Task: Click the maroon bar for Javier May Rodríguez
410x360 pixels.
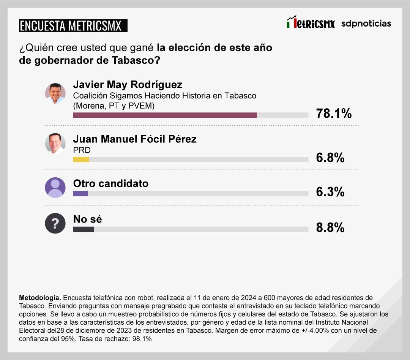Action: [165, 115]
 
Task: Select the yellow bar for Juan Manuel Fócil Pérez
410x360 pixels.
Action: [81, 159]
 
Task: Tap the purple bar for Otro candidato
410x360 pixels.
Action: [80, 194]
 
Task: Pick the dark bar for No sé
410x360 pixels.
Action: [83, 229]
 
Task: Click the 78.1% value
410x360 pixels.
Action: [334, 113]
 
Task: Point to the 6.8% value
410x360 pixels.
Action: [330, 158]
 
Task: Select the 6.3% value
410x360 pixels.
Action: [330, 192]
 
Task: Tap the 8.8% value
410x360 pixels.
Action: [330, 227]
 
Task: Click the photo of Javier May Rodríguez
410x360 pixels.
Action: [55, 93]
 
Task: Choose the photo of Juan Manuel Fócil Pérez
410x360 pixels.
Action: [55, 143]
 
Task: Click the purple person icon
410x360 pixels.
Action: [55, 187]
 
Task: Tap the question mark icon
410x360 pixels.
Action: [55, 223]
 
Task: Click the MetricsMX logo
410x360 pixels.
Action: [311, 24]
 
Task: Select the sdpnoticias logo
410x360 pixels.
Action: [366, 24]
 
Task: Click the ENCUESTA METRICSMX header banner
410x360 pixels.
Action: [73, 26]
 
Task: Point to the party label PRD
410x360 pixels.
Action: [82, 150]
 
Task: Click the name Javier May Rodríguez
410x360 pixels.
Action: [128, 84]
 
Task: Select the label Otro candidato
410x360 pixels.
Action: [110, 183]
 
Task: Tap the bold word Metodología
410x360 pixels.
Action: [39, 297]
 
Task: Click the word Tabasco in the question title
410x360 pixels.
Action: [133, 60]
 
